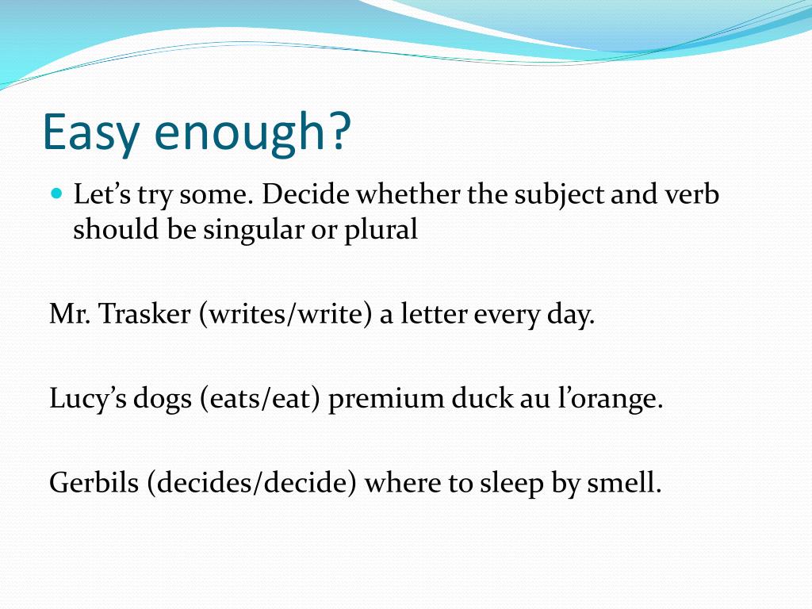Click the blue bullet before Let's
[56, 193]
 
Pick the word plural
[384, 230]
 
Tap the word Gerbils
[94, 483]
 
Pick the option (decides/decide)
[251, 483]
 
